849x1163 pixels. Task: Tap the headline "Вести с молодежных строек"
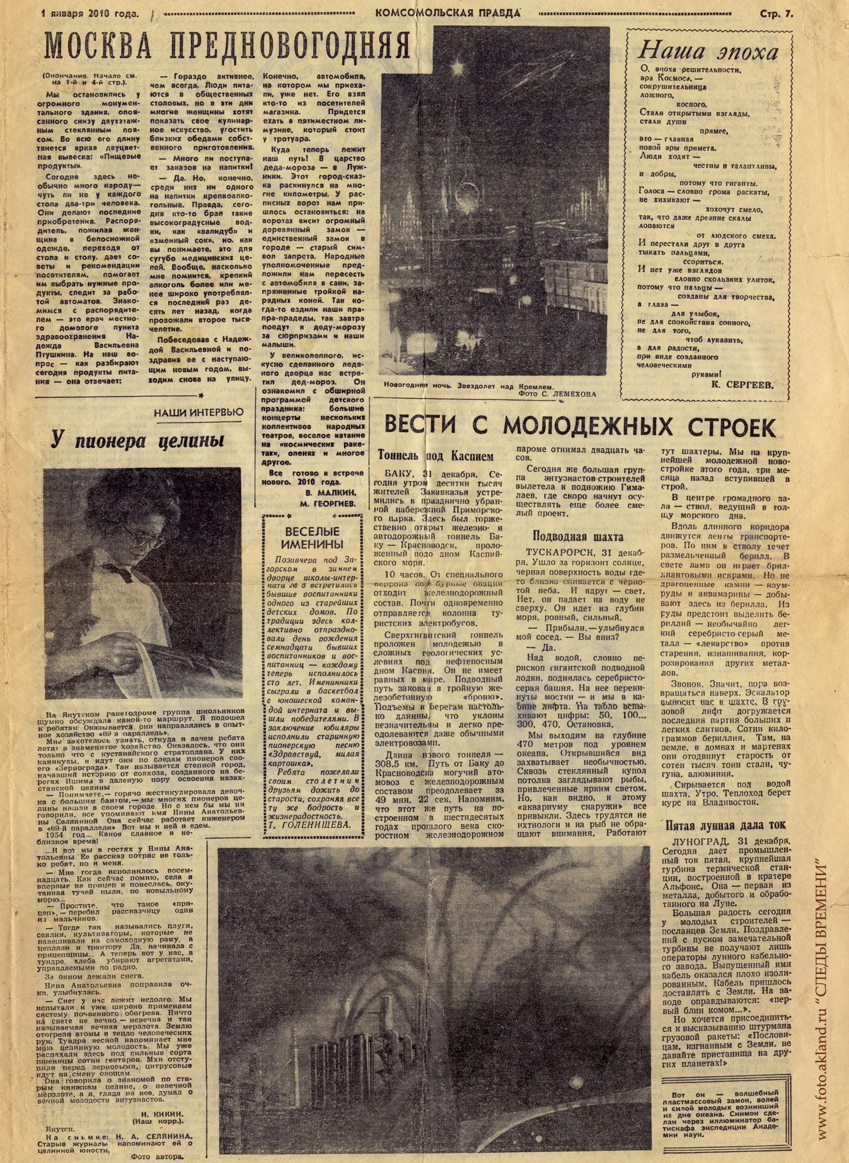(579, 427)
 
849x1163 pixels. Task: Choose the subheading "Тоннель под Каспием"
(436, 455)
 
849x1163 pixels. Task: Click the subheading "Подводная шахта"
(578, 537)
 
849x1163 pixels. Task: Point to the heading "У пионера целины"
(137, 440)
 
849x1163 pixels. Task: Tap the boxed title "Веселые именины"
(312, 537)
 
